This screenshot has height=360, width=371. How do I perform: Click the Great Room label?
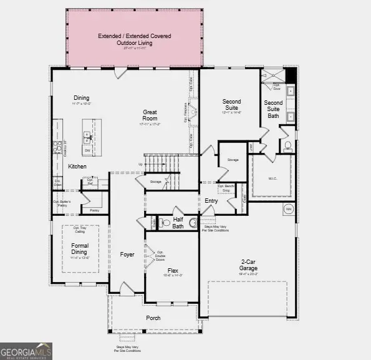[x=150, y=115]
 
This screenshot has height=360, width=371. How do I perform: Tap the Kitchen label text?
[x=77, y=167]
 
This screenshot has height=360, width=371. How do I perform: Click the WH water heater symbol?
[x=288, y=208]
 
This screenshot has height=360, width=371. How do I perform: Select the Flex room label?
[x=171, y=271]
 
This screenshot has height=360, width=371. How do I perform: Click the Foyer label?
[x=127, y=255]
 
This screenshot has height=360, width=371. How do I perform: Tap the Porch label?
[x=153, y=318]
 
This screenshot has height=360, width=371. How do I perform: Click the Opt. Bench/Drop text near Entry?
[x=226, y=188]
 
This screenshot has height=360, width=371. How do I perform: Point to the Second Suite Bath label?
[x=273, y=109]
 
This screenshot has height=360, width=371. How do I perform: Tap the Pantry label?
[x=94, y=211]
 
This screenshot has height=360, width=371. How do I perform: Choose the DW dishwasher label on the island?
[x=87, y=150]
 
